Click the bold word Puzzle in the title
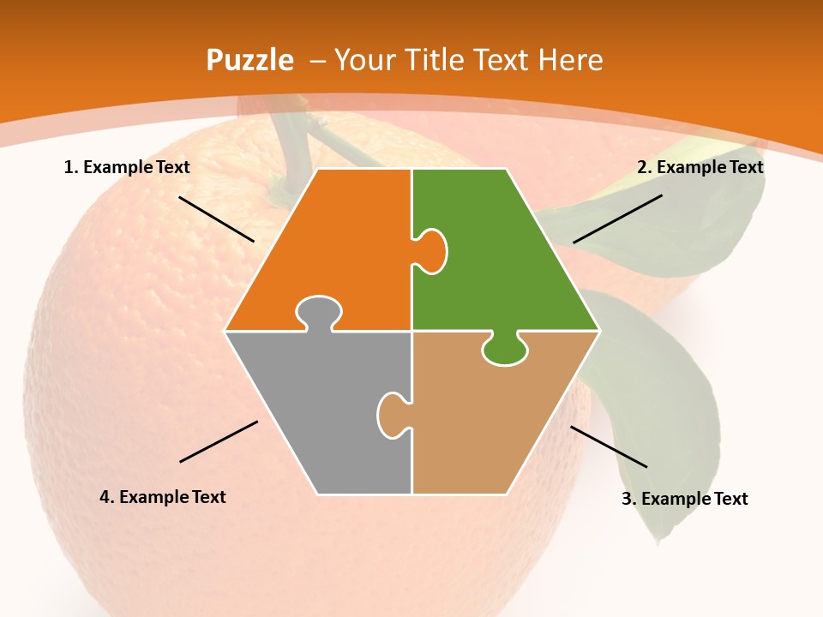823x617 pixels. pos(249,61)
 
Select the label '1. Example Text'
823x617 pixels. pos(127,167)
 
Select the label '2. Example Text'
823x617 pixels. pos(700,167)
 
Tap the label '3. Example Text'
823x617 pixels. pos(684,499)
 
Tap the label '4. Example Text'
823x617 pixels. pos(163,497)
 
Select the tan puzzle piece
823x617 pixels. pos(489,420)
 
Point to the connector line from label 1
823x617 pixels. pos(216,219)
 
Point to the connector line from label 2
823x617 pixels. pos(617,219)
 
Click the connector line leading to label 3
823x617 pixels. pos(609,446)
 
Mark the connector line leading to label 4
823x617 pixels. pos(219,441)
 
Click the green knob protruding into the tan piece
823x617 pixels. pos(505,350)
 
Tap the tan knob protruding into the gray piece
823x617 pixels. pos(391,415)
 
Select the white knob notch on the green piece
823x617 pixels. pos(431,250)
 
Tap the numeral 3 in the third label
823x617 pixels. pos(627,499)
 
